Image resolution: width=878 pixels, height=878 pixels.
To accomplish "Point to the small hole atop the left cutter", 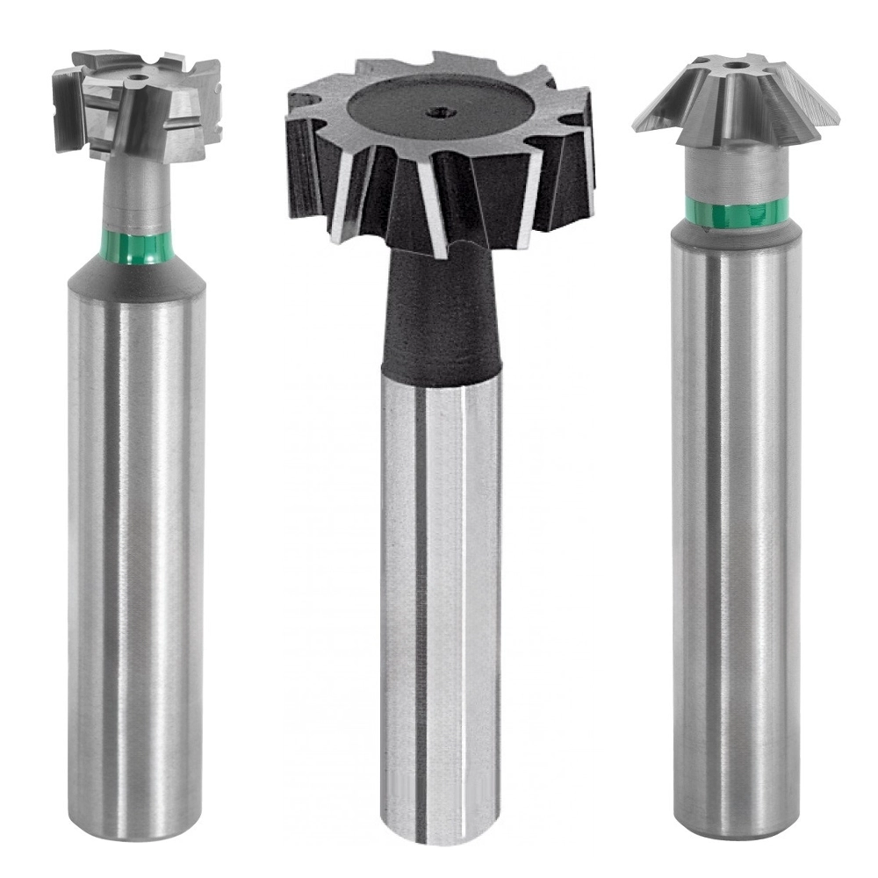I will [x=134, y=80].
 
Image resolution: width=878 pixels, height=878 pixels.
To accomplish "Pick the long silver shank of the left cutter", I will [x=137, y=527].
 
